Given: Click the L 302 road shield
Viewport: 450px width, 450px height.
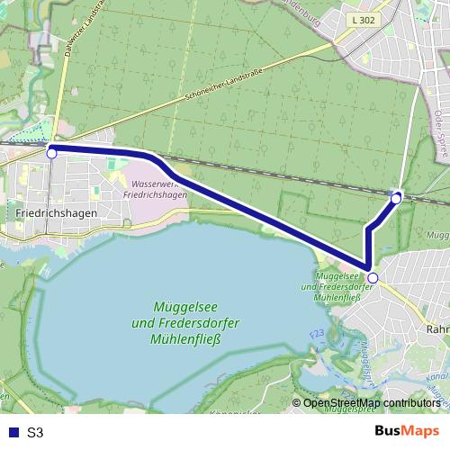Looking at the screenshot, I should pyautogui.click(x=364, y=19).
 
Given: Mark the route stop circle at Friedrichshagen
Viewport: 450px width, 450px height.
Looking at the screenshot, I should pyautogui.click(x=51, y=154).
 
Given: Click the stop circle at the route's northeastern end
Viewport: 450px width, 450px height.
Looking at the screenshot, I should pyautogui.click(x=397, y=197).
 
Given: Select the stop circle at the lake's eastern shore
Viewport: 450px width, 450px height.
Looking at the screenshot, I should pyautogui.click(x=373, y=277).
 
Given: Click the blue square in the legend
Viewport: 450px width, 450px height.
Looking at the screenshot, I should pyautogui.click(x=11, y=432).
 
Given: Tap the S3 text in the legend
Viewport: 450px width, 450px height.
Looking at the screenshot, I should pyautogui.click(x=35, y=432).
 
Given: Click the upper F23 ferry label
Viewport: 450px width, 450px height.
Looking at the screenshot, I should pyautogui.click(x=316, y=334).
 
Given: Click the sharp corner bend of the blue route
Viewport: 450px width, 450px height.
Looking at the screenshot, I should pyautogui.click(x=368, y=265).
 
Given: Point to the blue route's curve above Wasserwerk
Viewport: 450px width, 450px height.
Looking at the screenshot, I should pyautogui.click(x=155, y=159).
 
